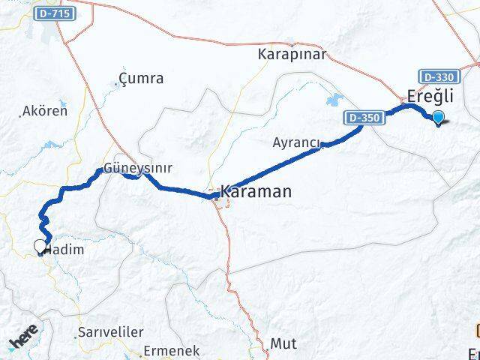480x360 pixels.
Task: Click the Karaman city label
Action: click(256, 192)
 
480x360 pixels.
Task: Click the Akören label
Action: click(45, 111)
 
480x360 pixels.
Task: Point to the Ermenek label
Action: click(172, 349)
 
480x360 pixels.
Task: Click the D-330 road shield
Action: click(436, 76)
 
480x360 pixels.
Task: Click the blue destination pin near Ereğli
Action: click(437, 116)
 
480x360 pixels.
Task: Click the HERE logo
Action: click(24, 341)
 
